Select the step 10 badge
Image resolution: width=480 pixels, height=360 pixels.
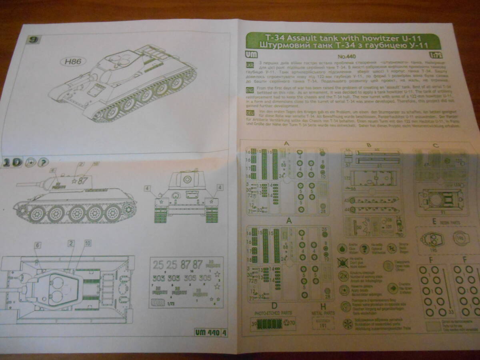tap(12, 162)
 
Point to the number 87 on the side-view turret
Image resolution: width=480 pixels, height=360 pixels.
tap(82, 180)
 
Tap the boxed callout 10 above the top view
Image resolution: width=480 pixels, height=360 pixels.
tap(88, 243)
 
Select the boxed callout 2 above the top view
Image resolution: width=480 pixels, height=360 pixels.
tap(71, 243)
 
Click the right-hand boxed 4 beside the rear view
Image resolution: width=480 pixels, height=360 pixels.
tap(220, 187)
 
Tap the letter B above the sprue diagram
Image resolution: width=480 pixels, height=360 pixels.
tap(368, 145)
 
